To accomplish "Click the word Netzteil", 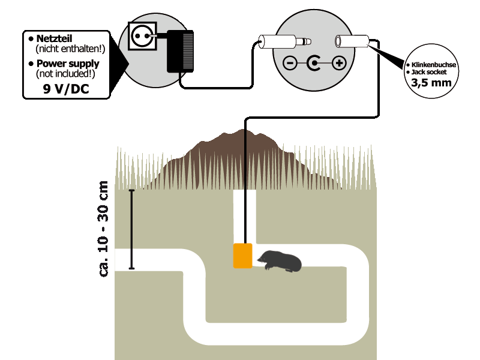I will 54,39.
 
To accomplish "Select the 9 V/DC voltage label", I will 67,88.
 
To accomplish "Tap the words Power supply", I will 67,64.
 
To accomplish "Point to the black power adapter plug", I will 182,50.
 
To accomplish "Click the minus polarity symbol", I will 290,63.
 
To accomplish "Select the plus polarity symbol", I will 339,63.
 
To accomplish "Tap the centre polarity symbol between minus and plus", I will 314,63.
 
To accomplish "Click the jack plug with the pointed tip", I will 286,43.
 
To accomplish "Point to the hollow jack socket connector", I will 352,43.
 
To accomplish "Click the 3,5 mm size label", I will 431,83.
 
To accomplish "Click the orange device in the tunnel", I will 242,256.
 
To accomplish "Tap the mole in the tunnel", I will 280,261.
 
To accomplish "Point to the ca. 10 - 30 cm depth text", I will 104,228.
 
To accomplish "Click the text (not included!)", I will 67,73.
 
